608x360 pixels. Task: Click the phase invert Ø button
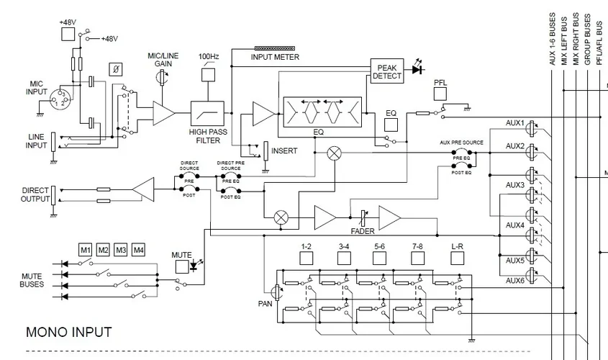[x=115, y=69]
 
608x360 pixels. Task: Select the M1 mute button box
[x=86, y=250]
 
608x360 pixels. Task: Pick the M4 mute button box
[x=138, y=250]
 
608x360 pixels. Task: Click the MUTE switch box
[x=181, y=266]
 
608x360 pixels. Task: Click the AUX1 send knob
[x=532, y=128]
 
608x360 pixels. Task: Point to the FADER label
[x=362, y=232]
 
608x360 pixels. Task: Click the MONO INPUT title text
[x=68, y=332]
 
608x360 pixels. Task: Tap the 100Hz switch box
[x=208, y=74]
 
